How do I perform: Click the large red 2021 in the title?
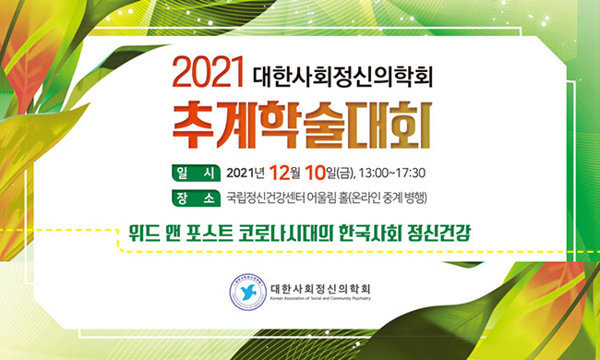click(209, 72)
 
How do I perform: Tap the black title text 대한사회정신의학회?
click(342, 77)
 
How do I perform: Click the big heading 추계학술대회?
click(302, 125)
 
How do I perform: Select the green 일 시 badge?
click(196, 173)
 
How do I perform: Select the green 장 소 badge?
click(196, 198)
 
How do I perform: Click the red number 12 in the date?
click(280, 174)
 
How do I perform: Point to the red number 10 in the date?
click(316, 174)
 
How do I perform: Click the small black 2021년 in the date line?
click(246, 174)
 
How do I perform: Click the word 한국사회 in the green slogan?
click(371, 234)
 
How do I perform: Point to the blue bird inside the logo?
click(248, 293)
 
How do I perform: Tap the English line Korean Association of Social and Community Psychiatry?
click(320, 298)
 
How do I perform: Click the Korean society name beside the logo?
click(320, 288)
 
